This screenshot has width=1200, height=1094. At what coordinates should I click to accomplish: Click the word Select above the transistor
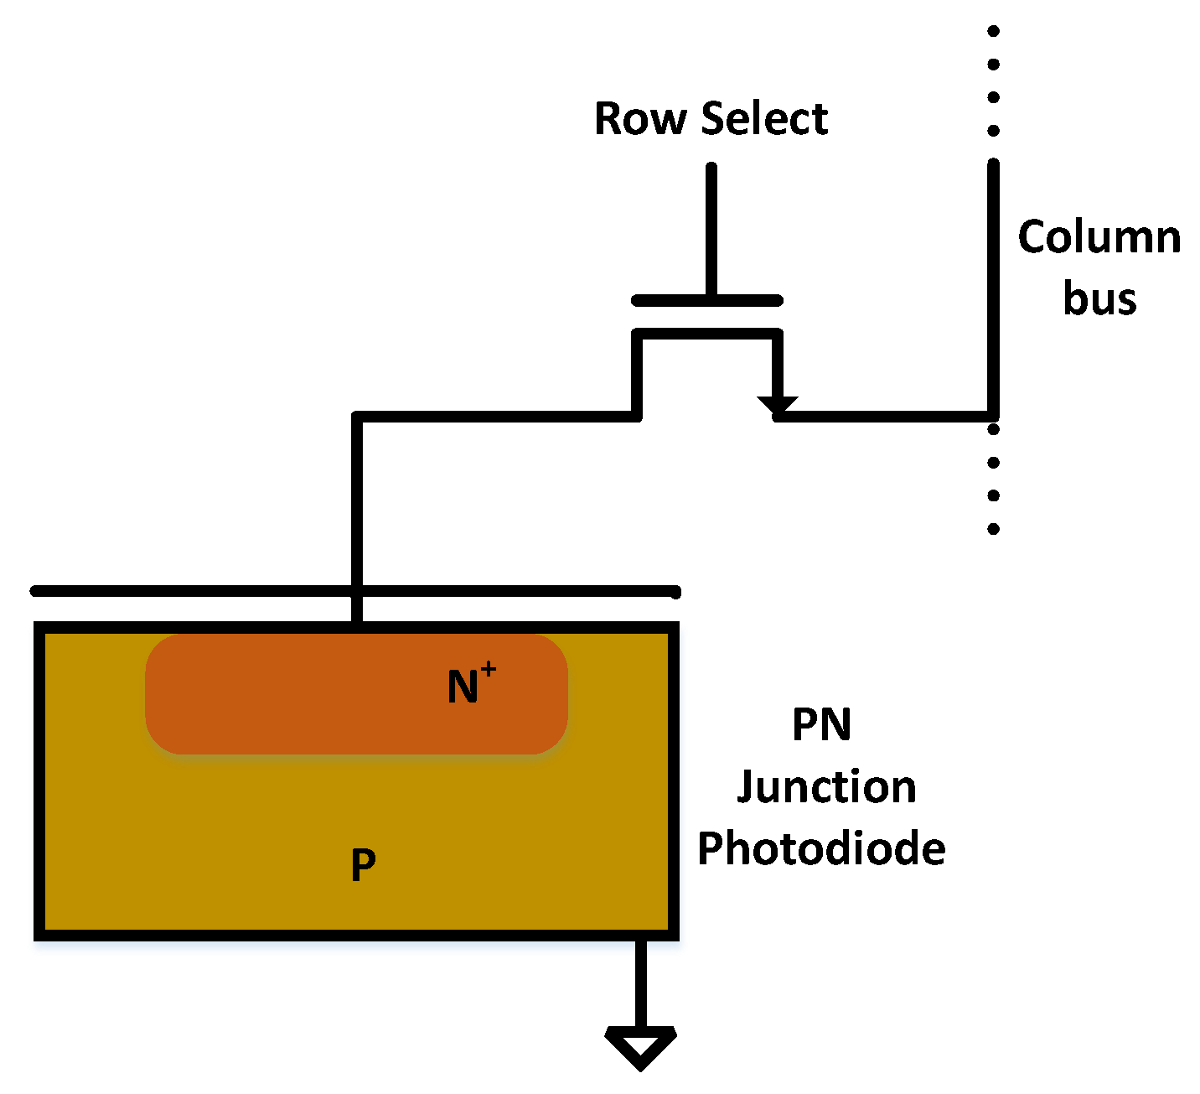tap(764, 119)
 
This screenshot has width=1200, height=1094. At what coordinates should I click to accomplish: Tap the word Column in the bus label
tap(1099, 238)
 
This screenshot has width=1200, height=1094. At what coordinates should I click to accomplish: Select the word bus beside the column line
tap(1099, 299)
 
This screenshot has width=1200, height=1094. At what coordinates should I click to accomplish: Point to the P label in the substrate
tap(363, 865)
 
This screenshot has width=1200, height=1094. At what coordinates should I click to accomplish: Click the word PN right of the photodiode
tap(821, 725)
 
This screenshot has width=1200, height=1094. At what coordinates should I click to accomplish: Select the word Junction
tap(826, 788)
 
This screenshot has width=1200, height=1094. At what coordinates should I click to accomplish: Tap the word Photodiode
tap(821, 849)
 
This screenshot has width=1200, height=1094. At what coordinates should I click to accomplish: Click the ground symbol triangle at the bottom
tap(641, 1047)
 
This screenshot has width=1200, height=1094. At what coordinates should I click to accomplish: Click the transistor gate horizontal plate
tap(707, 301)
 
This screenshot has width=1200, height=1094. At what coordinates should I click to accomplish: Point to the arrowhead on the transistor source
tap(778, 405)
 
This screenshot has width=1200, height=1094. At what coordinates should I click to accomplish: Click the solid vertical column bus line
tap(993, 285)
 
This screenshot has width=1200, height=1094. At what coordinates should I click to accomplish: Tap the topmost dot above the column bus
tap(993, 32)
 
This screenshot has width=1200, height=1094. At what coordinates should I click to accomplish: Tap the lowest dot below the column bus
tap(993, 528)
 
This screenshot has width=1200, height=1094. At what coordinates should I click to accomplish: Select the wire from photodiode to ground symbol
tap(641, 981)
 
